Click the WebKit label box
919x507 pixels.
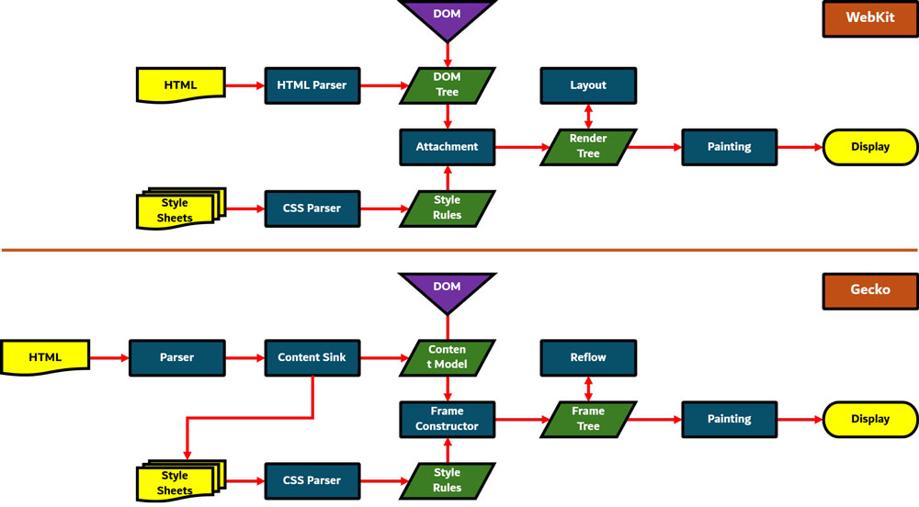coord(869,17)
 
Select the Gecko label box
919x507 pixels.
coord(869,289)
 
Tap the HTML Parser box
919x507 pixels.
coord(312,85)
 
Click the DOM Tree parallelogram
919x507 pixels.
coord(448,85)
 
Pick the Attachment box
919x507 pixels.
coord(448,147)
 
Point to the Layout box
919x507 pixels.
coord(588,85)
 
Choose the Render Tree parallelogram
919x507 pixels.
coord(588,147)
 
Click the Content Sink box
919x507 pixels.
coord(312,357)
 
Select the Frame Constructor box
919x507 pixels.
coord(448,419)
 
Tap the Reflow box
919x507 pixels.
coord(588,357)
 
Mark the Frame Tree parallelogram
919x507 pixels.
coord(588,419)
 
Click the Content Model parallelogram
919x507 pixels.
coord(448,357)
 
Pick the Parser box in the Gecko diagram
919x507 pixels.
coord(176,357)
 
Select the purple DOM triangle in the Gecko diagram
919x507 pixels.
coord(448,288)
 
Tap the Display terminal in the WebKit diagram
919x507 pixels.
coord(869,147)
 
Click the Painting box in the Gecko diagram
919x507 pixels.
coord(729,419)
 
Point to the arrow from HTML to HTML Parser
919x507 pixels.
coord(244,85)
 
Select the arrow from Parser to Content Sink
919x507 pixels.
coord(244,357)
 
